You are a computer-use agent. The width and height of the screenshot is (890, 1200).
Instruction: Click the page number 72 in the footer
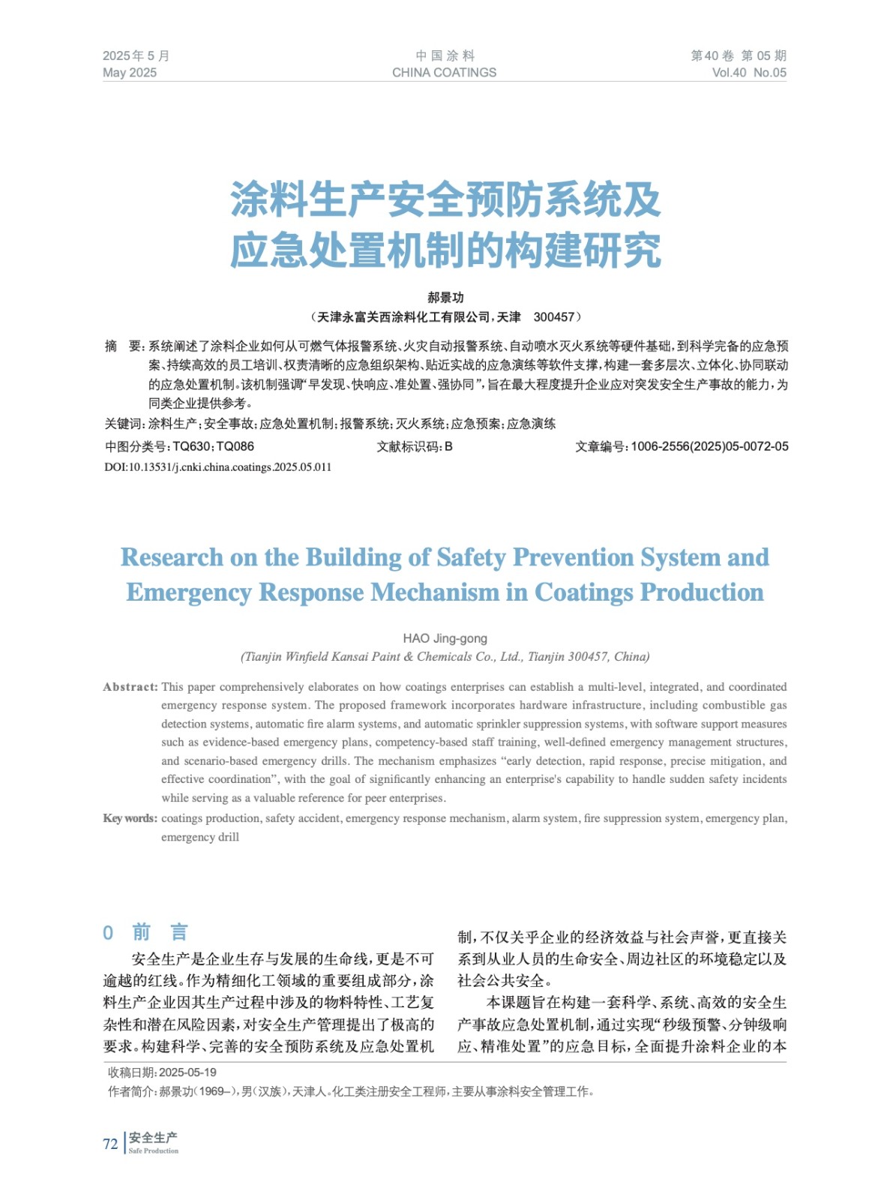pos(110,1144)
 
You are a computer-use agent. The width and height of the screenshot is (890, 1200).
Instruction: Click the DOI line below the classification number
pos(217,467)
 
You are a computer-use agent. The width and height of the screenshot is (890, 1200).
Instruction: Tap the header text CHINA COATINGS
pos(444,73)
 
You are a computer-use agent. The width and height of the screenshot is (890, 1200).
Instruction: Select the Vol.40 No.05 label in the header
pos(748,73)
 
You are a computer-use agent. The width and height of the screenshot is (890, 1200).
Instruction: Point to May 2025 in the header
pos(130,73)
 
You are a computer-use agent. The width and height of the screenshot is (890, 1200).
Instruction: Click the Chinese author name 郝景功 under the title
pos(445,298)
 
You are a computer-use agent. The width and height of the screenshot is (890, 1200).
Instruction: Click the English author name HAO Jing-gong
pos(445,638)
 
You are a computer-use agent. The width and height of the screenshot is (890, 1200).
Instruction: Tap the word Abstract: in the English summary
pos(130,687)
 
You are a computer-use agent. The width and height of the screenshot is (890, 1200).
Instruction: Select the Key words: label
pos(130,818)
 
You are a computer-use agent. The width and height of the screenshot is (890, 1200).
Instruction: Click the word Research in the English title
pos(172,557)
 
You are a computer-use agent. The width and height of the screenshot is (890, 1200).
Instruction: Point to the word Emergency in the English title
pos(188,592)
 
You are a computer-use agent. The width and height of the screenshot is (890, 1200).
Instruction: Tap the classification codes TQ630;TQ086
pos(213,446)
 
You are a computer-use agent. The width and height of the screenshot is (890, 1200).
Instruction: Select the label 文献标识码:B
pos(414,446)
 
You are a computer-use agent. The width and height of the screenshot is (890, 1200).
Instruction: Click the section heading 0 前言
pos(145,932)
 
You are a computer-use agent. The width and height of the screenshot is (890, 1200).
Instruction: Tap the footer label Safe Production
pos(154,1150)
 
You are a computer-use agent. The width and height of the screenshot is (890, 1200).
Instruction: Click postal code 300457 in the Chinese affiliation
pos(553,317)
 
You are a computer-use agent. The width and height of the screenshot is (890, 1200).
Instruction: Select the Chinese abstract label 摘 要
pos(124,346)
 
